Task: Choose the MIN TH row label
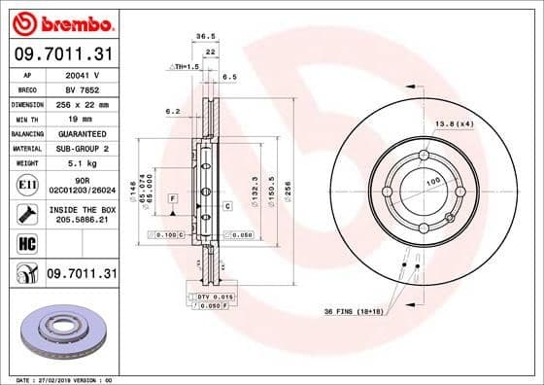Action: (x=26, y=117)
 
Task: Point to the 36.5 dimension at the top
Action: (x=205, y=35)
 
